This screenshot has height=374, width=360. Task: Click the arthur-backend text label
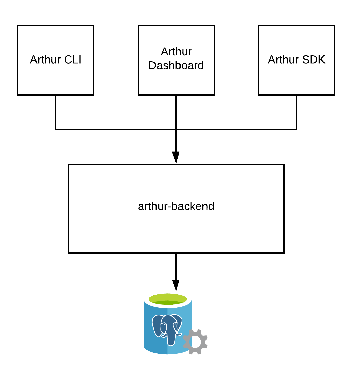click(176, 206)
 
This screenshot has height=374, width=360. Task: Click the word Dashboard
click(176, 65)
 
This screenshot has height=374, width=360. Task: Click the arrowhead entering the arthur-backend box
click(176, 157)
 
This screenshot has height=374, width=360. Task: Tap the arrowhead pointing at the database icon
click(176, 285)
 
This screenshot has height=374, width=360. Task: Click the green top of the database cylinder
click(168, 299)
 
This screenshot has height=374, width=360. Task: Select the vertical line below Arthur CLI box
click(56, 112)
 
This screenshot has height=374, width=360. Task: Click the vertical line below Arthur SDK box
click(296, 112)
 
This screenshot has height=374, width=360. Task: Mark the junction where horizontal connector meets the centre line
click(176, 129)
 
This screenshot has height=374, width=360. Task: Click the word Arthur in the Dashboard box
click(176, 52)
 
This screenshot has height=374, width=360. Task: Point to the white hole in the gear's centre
click(195, 342)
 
